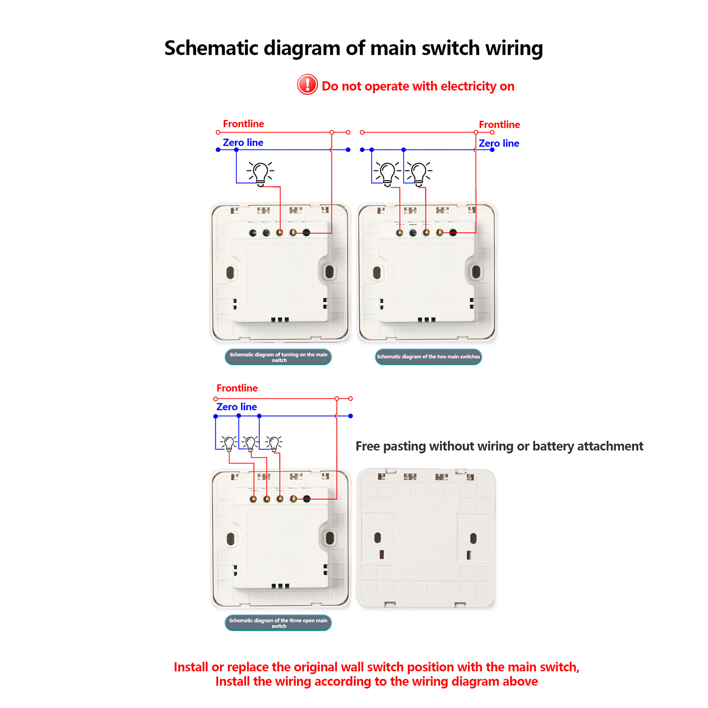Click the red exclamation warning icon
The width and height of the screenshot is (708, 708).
click(307, 85)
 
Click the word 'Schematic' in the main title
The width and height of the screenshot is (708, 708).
click(211, 48)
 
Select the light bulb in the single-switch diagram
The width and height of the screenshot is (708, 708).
click(261, 173)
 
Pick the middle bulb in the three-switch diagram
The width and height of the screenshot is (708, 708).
click(250, 443)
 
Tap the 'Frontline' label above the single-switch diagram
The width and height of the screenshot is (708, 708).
click(243, 124)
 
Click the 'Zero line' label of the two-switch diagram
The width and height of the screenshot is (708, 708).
click(499, 143)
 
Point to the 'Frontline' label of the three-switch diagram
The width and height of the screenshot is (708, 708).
click(237, 388)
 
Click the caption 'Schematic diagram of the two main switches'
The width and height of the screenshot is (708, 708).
click(428, 357)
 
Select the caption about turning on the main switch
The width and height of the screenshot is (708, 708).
click(278, 357)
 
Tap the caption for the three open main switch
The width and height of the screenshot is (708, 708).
click(278, 623)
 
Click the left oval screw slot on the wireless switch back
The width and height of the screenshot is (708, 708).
click(377, 538)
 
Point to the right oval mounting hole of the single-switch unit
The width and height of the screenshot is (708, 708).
click(329, 272)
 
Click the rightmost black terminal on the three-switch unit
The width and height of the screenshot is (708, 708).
click(307, 499)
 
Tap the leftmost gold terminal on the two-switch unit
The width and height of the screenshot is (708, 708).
click(400, 232)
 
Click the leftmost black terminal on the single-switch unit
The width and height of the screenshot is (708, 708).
click(253, 233)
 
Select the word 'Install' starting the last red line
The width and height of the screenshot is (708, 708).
click(232, 681)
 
